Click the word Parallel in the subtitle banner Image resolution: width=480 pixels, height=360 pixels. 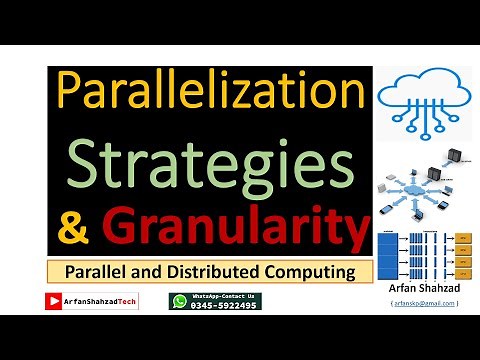pos(101,272)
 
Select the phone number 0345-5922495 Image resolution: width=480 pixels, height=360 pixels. pos(225,305)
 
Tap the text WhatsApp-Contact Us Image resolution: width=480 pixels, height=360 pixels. pos(225,296)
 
